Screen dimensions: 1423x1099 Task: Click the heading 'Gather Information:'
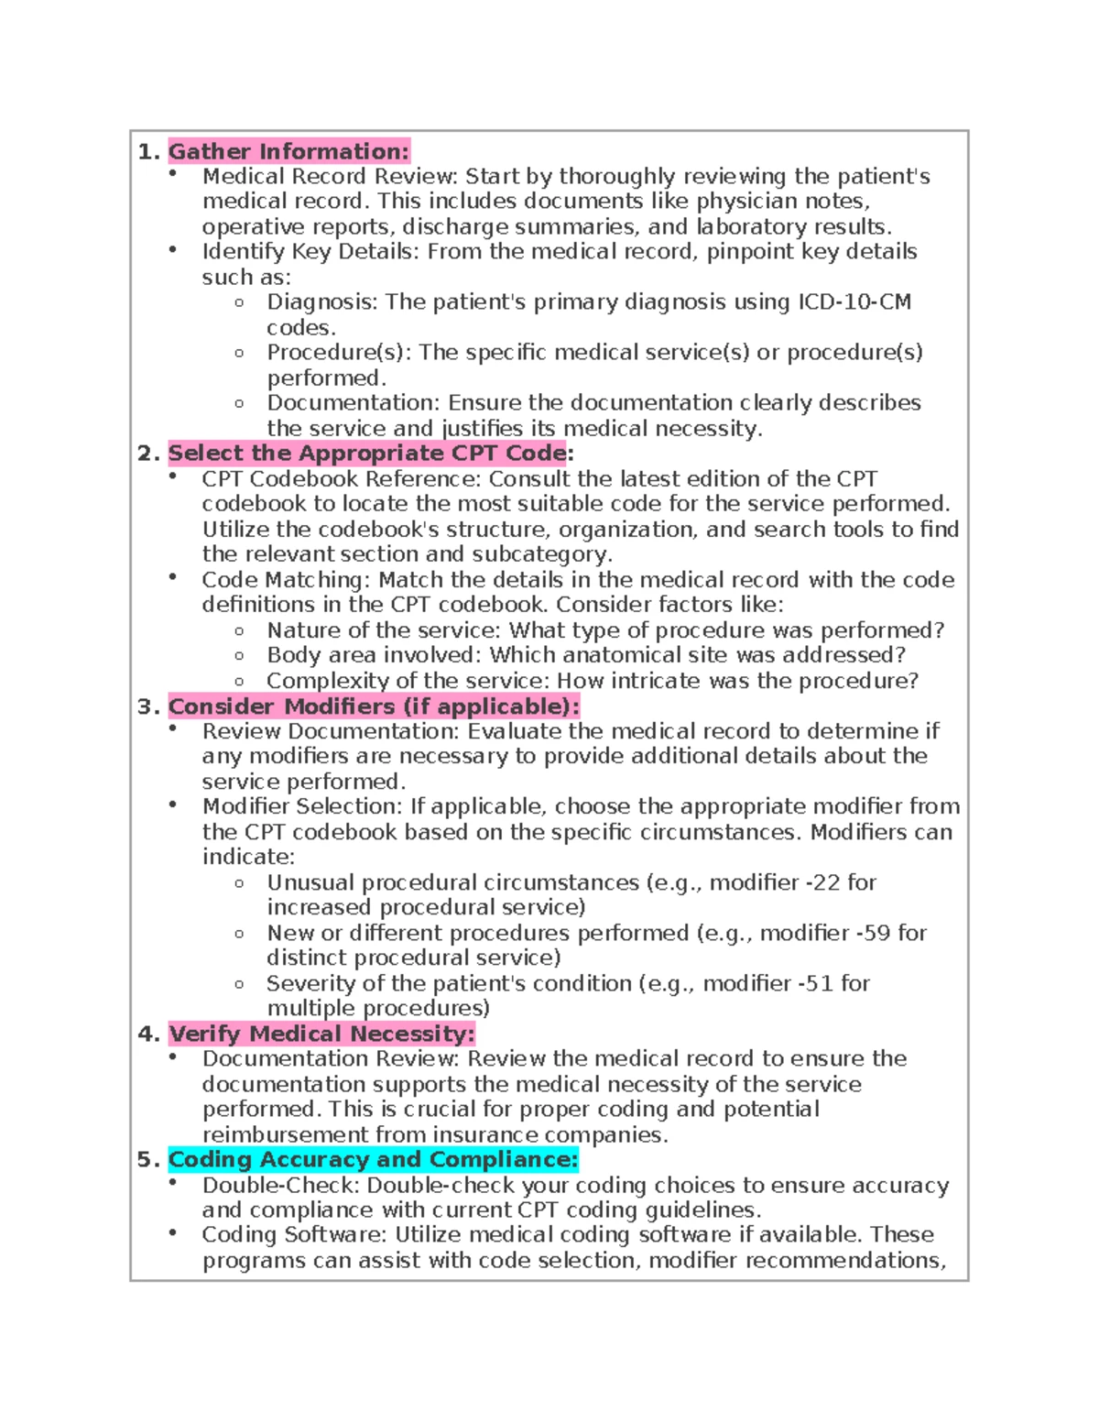288,151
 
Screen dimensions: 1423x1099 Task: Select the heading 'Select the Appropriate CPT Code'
367,453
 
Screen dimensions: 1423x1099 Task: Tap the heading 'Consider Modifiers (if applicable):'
374,706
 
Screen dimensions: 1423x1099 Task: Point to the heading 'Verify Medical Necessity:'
321,1034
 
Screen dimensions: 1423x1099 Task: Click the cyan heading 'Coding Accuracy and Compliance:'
373,1159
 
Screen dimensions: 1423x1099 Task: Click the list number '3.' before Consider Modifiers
148,706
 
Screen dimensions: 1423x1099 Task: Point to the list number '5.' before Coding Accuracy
148,1159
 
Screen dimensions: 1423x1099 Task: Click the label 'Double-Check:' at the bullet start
279,1185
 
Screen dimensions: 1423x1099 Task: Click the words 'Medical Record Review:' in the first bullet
330,176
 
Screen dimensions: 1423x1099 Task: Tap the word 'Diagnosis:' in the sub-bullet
321,302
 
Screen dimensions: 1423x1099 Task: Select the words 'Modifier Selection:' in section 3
301,806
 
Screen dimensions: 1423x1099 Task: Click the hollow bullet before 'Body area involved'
239,656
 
